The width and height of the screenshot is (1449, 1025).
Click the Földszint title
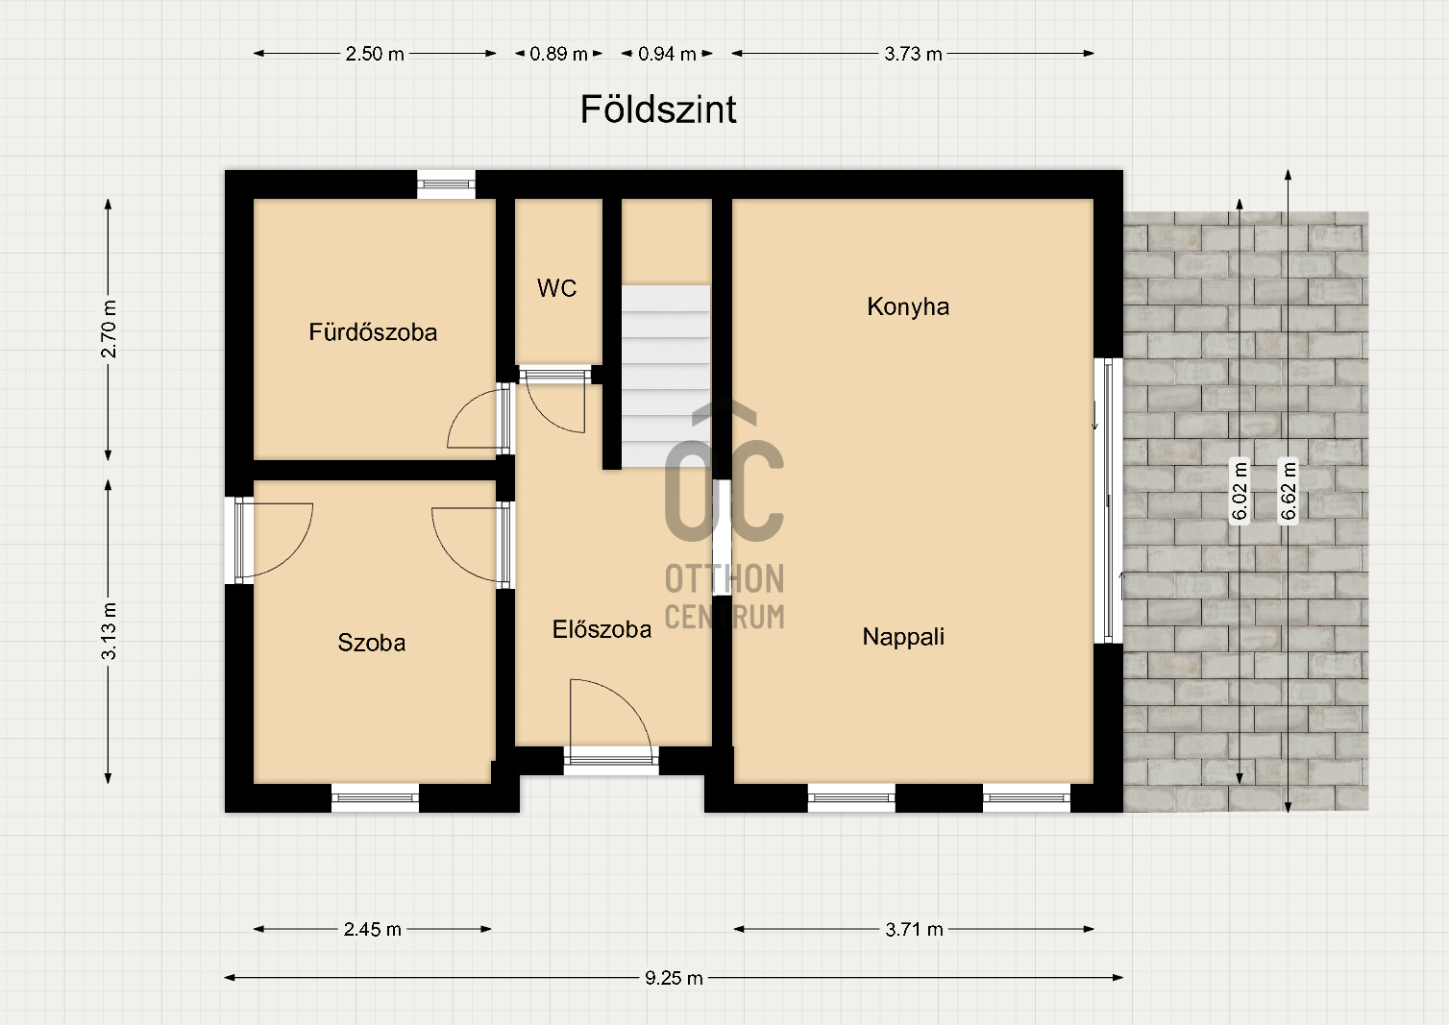click(x=658, y=110)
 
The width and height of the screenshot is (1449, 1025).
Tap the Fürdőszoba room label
click(x=373, y=332)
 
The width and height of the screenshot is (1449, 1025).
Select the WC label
click(x=556, y=288)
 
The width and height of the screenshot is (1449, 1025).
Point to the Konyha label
click(x=908, y=306)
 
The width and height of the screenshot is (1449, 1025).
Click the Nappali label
click(x=903, y=637)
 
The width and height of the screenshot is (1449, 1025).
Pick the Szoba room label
click(x=371, y=643)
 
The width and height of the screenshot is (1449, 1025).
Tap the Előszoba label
click(x=602, y=629)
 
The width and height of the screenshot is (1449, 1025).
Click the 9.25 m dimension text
click(x=674, y=978)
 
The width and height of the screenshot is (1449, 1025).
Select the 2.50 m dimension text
click(x=375, y=54)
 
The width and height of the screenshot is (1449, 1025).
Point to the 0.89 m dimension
click(x=558, y=54)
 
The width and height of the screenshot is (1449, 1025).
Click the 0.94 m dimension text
click(x=667, y=54)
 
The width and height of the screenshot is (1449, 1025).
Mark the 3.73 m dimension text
click(x=913, y=54)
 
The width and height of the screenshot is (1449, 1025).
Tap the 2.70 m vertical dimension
click(x=109, y=329)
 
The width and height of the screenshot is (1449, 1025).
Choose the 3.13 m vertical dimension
click(x=109, y=631)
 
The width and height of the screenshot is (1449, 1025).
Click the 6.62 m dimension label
click(x=1288, y=490)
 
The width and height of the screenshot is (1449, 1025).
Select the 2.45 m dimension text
click(x=372, y=929)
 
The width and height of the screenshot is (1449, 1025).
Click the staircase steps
click(x=666, y=376)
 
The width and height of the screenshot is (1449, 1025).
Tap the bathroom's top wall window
click(x=446, y=184)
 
